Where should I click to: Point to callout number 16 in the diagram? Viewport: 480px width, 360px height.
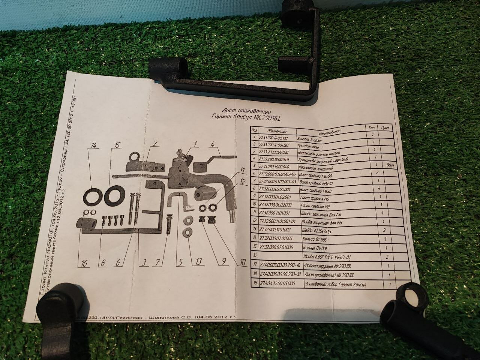pos(84,264)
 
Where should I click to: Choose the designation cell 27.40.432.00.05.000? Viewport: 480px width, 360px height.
pos(278,283)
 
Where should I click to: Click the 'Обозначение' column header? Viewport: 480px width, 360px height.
pos(277,131)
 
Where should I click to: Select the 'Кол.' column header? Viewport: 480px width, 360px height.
pos(372,128)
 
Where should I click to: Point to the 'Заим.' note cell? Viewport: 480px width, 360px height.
pos(387,165)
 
